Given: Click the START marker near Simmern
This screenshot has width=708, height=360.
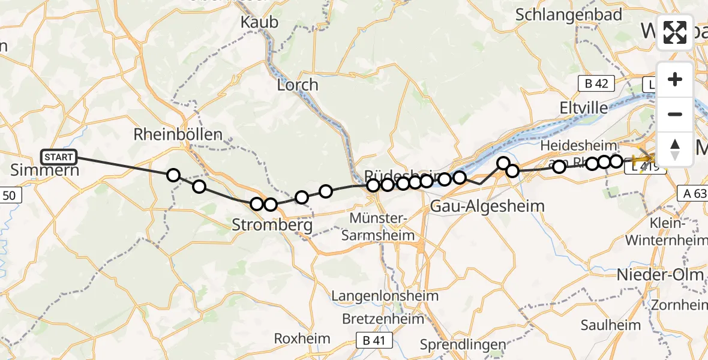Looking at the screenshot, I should pos(59,157).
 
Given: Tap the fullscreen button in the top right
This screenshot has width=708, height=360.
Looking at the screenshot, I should pos(675,32).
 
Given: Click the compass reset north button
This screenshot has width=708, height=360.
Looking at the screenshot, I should pos(675,148).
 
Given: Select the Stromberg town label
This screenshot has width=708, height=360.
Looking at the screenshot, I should pos(272,226).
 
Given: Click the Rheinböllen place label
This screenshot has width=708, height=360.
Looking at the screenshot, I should pos(178,134).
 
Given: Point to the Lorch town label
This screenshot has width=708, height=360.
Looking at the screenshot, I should pos(297,85).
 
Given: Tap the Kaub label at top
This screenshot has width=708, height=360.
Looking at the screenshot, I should pos(259,22).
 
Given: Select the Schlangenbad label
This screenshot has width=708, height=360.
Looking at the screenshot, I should pos(569,15).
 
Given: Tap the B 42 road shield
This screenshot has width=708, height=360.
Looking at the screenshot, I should pos(596,83).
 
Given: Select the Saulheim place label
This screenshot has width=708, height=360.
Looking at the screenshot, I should pos(611,325).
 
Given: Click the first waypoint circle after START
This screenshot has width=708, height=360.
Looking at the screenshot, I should pos(173,175).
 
